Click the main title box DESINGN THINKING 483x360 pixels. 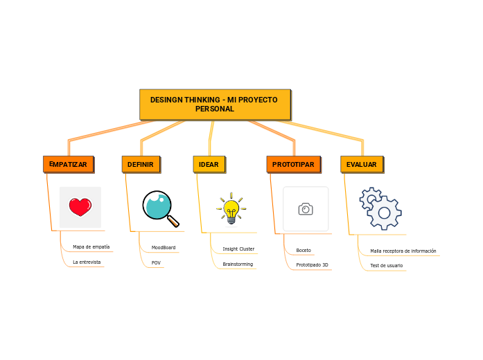pos(215,105)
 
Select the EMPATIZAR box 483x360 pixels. pos(68,164)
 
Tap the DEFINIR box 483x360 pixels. pos(141,164)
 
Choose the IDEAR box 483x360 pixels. pos(209,164)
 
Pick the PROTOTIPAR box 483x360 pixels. pos(293,164)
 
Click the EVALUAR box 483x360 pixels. pos(362,164)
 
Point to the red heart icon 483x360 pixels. pos(80,206)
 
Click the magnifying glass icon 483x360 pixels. pos(160,208)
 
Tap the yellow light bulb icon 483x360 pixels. pos(231,208)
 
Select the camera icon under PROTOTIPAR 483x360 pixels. pos(306,209)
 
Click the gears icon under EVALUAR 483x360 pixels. pos(380,208)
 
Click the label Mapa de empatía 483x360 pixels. pos(91,246)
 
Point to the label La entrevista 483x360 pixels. pos(87,262)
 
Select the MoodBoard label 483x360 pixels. pos(164,247)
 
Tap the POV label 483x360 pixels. pos(156,263)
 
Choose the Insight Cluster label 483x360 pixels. pos(238,249)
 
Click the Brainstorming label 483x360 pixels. pos(238,264)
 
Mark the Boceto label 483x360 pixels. pos(304,250)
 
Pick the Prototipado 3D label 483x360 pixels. pos(312,265)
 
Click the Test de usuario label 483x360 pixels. pos(386,266)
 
